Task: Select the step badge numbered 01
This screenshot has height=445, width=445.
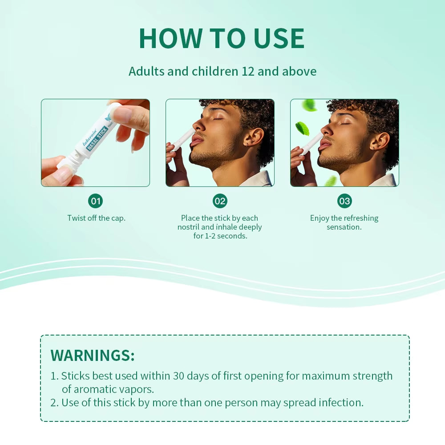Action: [x=96, y=201]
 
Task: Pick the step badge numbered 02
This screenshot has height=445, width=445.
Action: [x=220, y=201]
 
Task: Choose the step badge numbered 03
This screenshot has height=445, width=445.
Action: [x=344, y=201]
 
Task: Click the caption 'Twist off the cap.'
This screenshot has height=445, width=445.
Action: [x=96, y=218]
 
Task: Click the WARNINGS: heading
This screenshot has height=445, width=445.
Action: [x=93, y=355]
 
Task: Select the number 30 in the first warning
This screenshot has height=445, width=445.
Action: [x=179, y=376]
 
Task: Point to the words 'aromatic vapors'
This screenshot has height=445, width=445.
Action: [x=108, y=389]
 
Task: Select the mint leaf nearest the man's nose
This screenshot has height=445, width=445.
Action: [x=303, y=128]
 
